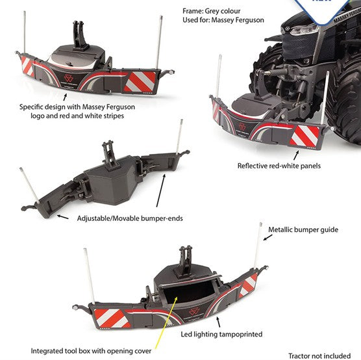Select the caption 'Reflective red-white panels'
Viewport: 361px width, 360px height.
coord(279,166)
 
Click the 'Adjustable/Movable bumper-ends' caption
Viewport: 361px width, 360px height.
coord(130,218)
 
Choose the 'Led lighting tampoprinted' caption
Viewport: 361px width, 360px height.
coord(222,334)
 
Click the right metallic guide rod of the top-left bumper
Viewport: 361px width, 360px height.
coord(158,42)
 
